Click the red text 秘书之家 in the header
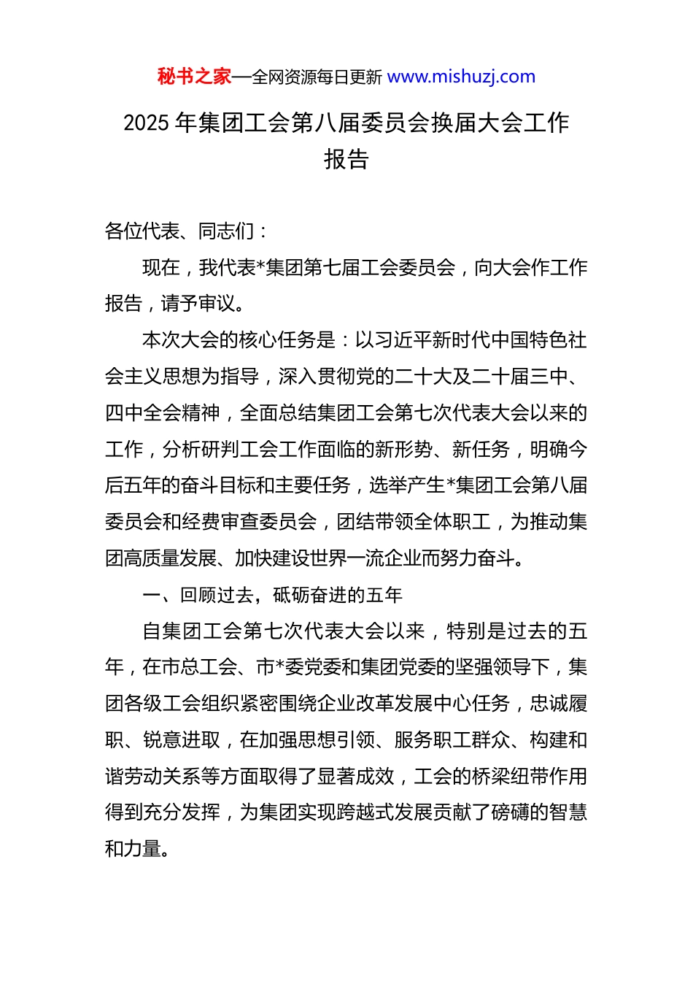(x=194, y=77)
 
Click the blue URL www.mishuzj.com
(x=461, y=77)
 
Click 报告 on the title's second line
(x=346, y=159)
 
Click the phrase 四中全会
(x=143, y=413)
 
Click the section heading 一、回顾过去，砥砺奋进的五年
(x=272, y=595)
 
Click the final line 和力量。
(x=137, y=849)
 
